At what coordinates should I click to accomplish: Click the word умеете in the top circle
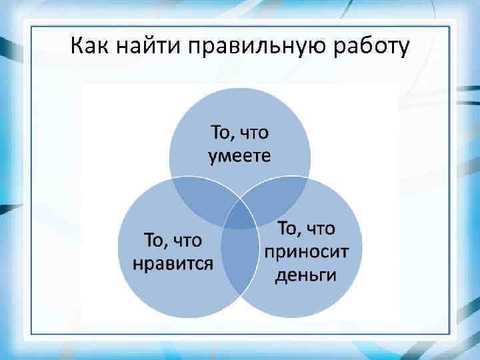[x=240, y=156]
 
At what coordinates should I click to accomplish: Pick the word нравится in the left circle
[x=173, y=263]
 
